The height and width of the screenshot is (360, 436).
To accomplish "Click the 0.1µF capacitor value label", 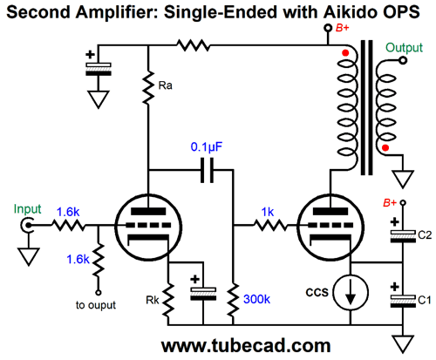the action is pyautogui.click(x=206, y=147).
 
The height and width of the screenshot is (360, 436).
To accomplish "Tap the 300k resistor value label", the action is pyautogui.click(x=256, y=299).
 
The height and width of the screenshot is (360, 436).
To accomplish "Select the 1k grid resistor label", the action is pyautogui.click(x=268, y=212).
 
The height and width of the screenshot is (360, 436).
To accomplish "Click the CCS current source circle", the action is pyautogui.click(x=351, y=292).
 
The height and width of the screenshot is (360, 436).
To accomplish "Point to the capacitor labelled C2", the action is pyautogui.click(x=403, y=236).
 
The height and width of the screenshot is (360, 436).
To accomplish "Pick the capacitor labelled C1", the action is pyautogui.click(x=403, y=302).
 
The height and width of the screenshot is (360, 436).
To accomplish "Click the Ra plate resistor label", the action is pyautogui.click(x=165, y=85).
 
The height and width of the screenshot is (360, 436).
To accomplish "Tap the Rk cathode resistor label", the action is pyautogui.click(x=153, y=300).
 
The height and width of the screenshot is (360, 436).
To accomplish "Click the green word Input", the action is pyautogui.click(x=28, y=209).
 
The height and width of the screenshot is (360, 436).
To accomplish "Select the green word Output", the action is pyautogui.click(x=404, y=48).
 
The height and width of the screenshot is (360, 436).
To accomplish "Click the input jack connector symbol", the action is pyautogui.click(x=28, y=225).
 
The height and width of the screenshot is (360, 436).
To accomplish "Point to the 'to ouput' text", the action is pyautogui.click(x=96, y=305).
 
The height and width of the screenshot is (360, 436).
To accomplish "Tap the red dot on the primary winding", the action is pyautogui.click(x=345, y=53).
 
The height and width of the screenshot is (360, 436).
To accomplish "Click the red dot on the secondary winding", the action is pyautogui.click(x=385, y=148).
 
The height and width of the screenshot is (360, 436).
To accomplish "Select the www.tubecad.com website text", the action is pyautogui.click(x=246, y=346).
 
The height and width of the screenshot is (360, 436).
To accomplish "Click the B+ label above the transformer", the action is pyautogui.click(x=343, y=28).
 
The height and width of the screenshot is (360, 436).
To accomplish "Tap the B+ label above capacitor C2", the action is pyautogui.click(x=390, y=202).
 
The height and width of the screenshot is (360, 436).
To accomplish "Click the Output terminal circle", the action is pyautogui.click(x=403, y=60).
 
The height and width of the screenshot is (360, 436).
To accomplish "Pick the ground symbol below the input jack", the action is pyautogui.click(x=29, y=256).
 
